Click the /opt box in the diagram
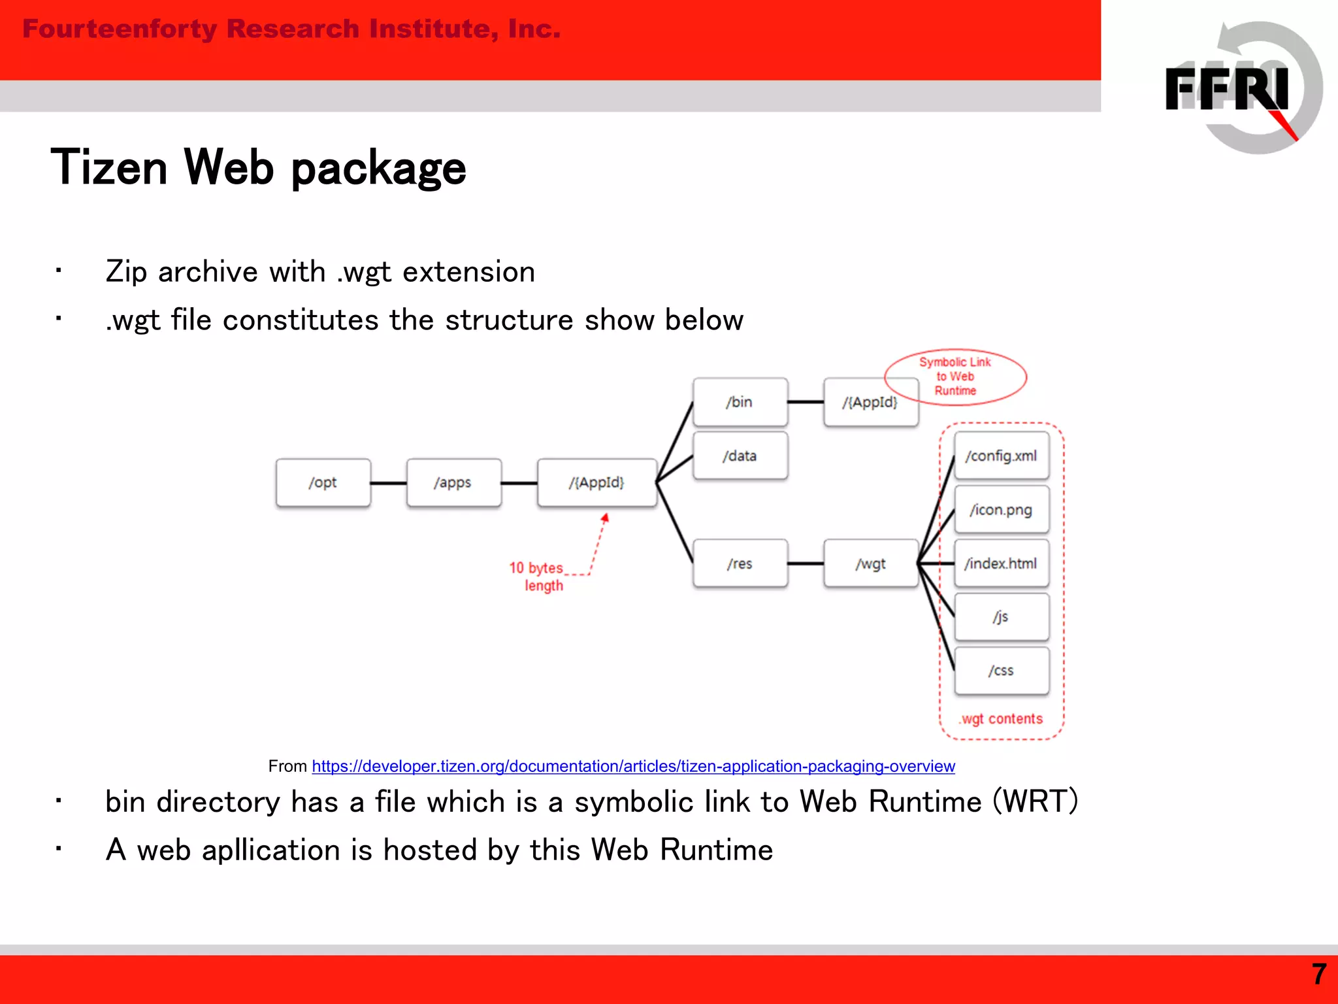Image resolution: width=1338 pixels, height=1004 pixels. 323,482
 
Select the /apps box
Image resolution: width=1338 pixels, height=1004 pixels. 453,482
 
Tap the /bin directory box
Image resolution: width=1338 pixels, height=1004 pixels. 740,402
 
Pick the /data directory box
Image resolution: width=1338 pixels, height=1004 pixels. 740,456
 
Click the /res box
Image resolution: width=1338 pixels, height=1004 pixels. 740,563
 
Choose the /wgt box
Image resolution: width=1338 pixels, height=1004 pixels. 870,563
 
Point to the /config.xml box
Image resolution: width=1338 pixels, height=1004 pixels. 1001,456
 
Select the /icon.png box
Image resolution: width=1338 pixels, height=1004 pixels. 1001,509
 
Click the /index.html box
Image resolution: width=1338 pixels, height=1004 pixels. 1001,563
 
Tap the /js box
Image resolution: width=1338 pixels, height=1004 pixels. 1001,617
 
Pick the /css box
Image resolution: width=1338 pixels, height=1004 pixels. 1001,671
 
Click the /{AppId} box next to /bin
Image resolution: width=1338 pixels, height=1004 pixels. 870,402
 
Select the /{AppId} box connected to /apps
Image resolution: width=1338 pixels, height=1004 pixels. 596,482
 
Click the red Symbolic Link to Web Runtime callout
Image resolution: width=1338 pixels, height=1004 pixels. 955,376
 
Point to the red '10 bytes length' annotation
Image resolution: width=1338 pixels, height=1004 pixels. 537,577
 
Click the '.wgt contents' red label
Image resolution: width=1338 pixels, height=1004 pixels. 1001,719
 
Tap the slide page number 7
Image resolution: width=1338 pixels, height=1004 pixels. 1318,975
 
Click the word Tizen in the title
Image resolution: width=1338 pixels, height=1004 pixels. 110,167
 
